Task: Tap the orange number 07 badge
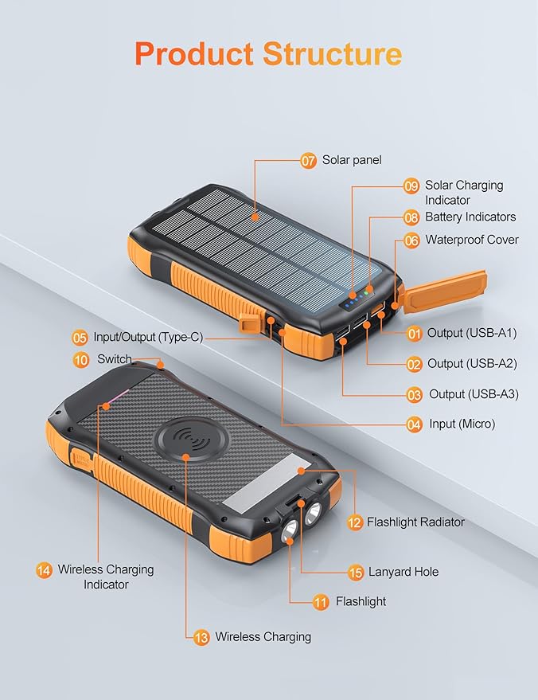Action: click(309, 160)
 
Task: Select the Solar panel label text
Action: click(352, 160)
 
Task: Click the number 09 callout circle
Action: click(411, 186)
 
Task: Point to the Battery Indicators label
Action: click(470, 217)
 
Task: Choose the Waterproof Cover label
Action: click(472, 240)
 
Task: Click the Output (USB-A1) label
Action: click(472, 333)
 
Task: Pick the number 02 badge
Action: click(414, 364)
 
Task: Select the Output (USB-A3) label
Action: click(474, 394)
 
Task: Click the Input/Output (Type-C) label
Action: click(148, 337)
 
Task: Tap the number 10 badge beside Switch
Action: click(81, 360)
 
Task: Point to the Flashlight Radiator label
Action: click(415, 522)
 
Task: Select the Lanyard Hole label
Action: click(403, 572)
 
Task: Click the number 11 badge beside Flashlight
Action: click(321, 602)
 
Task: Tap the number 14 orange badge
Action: click(45, 570)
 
